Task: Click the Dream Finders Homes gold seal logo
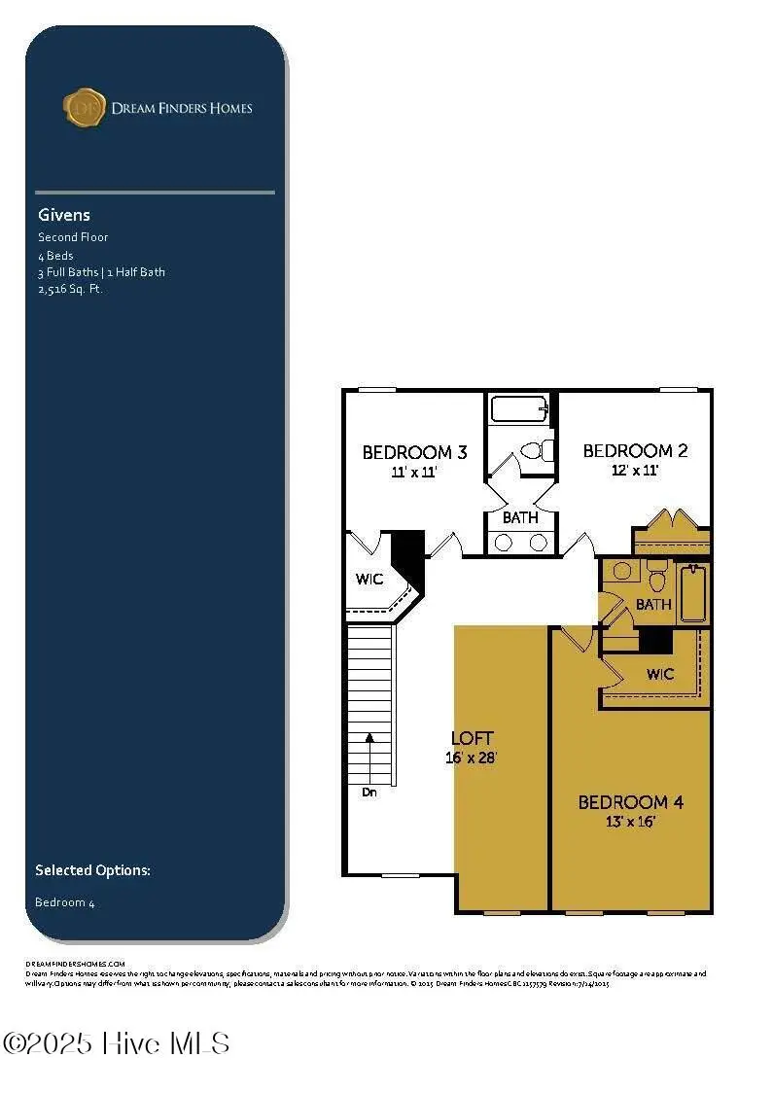(x=85, y=107)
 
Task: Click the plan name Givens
(x=64, y=215)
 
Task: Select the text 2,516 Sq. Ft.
(x=70, y=289)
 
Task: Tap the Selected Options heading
(x=92, y=870)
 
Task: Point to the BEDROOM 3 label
(x=414, y=452)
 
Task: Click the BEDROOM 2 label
(x=635, y=450)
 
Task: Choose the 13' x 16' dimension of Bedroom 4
(x=630, y=822)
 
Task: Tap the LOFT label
(x=472, y=738)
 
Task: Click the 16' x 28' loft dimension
(x=472, y=758)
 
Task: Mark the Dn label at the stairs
(x=369, y=792)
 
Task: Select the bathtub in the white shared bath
(x=519, y=408)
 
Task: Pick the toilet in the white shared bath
(x=536, y=450)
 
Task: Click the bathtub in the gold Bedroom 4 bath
(x=692, y=594)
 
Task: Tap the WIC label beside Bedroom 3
(x=369, y=580)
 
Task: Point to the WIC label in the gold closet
(x=660, y=673)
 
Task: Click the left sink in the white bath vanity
(x=504, y=543)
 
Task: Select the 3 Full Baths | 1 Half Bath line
(x=101, y=272)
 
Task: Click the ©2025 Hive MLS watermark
(x=116, y=1043)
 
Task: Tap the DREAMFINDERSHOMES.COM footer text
(x=75, y=963)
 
